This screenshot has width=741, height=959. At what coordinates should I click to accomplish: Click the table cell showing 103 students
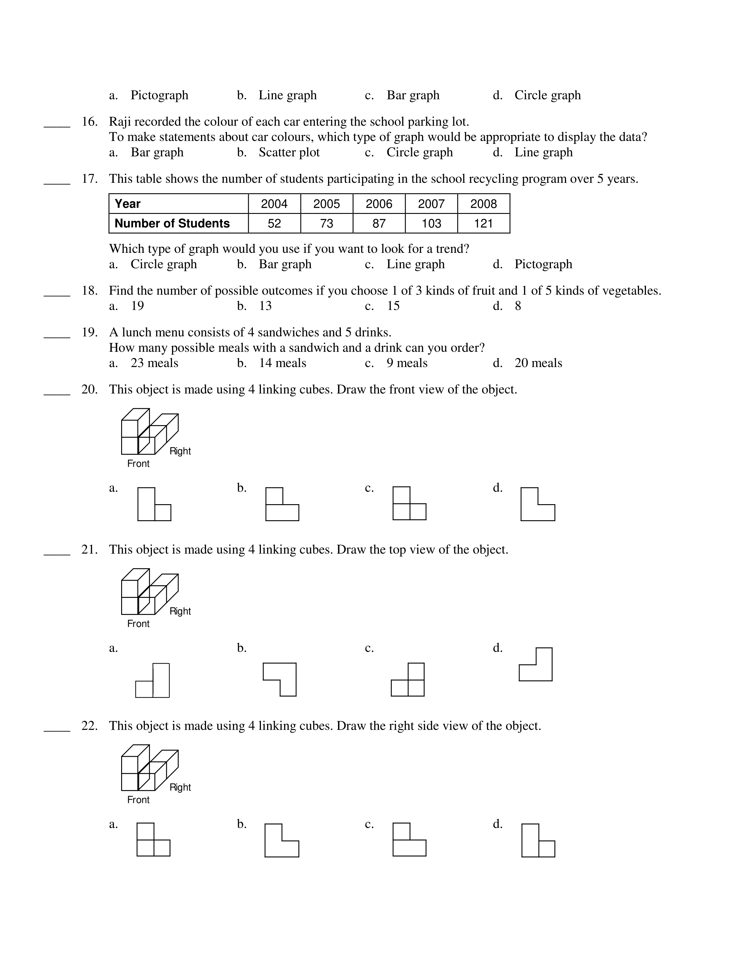click(x=431, y=223)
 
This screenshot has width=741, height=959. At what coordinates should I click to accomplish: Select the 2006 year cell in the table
click(x=379, y=204)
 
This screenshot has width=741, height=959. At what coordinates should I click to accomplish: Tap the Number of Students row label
click(x=172, y=223)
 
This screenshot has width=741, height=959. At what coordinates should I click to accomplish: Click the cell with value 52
click(x=274, y=223)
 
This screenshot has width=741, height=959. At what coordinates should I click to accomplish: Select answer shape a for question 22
click(x=153, y=839)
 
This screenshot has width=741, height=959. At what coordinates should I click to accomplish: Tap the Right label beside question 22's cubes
click(x=180, y=787)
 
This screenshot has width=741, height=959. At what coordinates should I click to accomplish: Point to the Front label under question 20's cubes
click(x=138, y=464)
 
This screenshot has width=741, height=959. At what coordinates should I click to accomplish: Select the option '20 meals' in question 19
click(x=538, y=363)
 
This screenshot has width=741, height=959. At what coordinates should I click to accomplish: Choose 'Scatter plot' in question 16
click(x=289, y=152)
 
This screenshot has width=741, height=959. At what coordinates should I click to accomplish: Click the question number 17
click(x=90, y=179)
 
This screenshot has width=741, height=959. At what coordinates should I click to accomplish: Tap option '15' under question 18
click(x=393, y=306)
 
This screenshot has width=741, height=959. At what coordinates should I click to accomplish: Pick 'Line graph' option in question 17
click(x=415, y=264)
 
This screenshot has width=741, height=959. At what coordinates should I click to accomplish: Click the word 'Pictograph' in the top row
click(x=159, y=95)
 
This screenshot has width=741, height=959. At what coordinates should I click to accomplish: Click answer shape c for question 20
click(x=409, y=503)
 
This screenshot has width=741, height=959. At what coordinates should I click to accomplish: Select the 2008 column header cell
click(x=483, y=204)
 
